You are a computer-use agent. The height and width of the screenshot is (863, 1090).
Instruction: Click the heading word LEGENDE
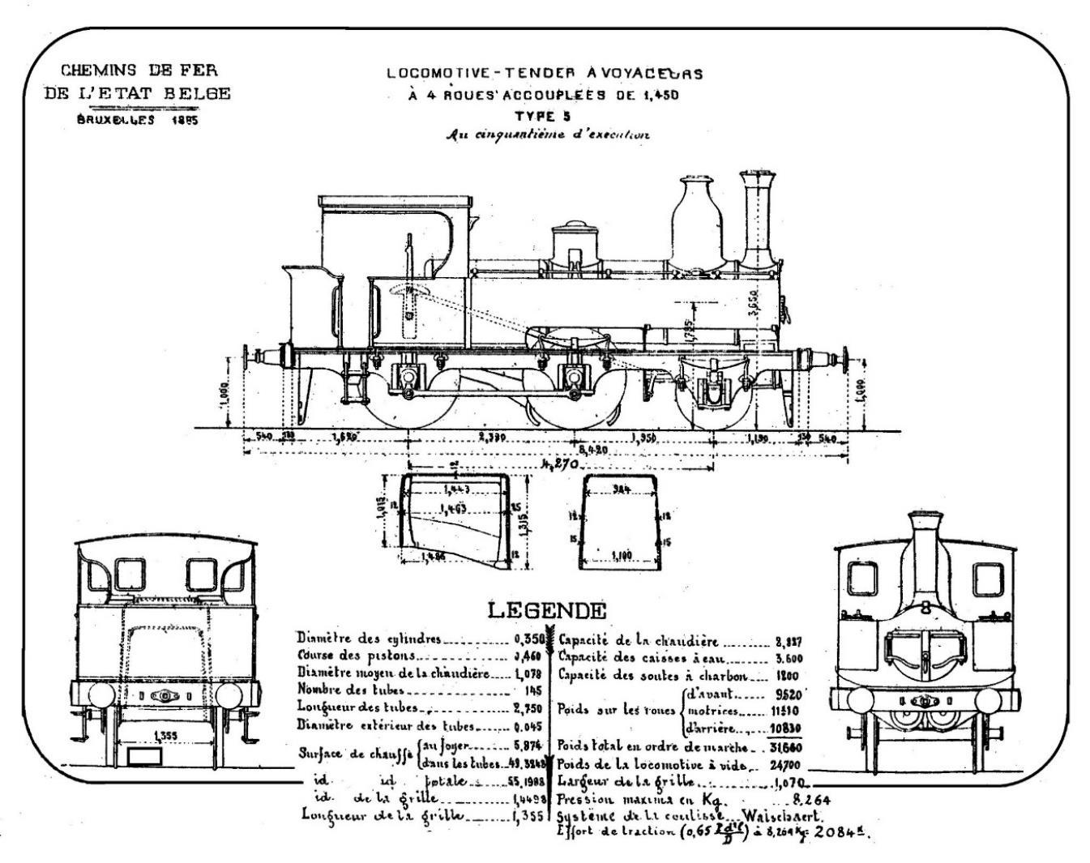546,610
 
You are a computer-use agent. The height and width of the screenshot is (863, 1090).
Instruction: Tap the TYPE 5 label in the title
544,115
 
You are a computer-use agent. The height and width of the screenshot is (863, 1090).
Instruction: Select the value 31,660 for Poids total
784,746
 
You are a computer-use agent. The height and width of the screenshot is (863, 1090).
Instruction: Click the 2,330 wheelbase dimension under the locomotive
492,438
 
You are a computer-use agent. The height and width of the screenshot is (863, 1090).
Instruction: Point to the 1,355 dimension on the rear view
165,736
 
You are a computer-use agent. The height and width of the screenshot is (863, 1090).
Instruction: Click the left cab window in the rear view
129,575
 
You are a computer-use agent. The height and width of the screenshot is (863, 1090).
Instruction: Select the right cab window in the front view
988,579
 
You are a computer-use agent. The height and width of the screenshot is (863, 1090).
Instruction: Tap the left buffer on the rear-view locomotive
100,694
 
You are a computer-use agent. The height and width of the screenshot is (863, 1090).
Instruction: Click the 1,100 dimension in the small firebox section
621,556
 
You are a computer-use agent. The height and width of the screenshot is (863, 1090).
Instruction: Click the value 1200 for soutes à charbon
788,676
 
